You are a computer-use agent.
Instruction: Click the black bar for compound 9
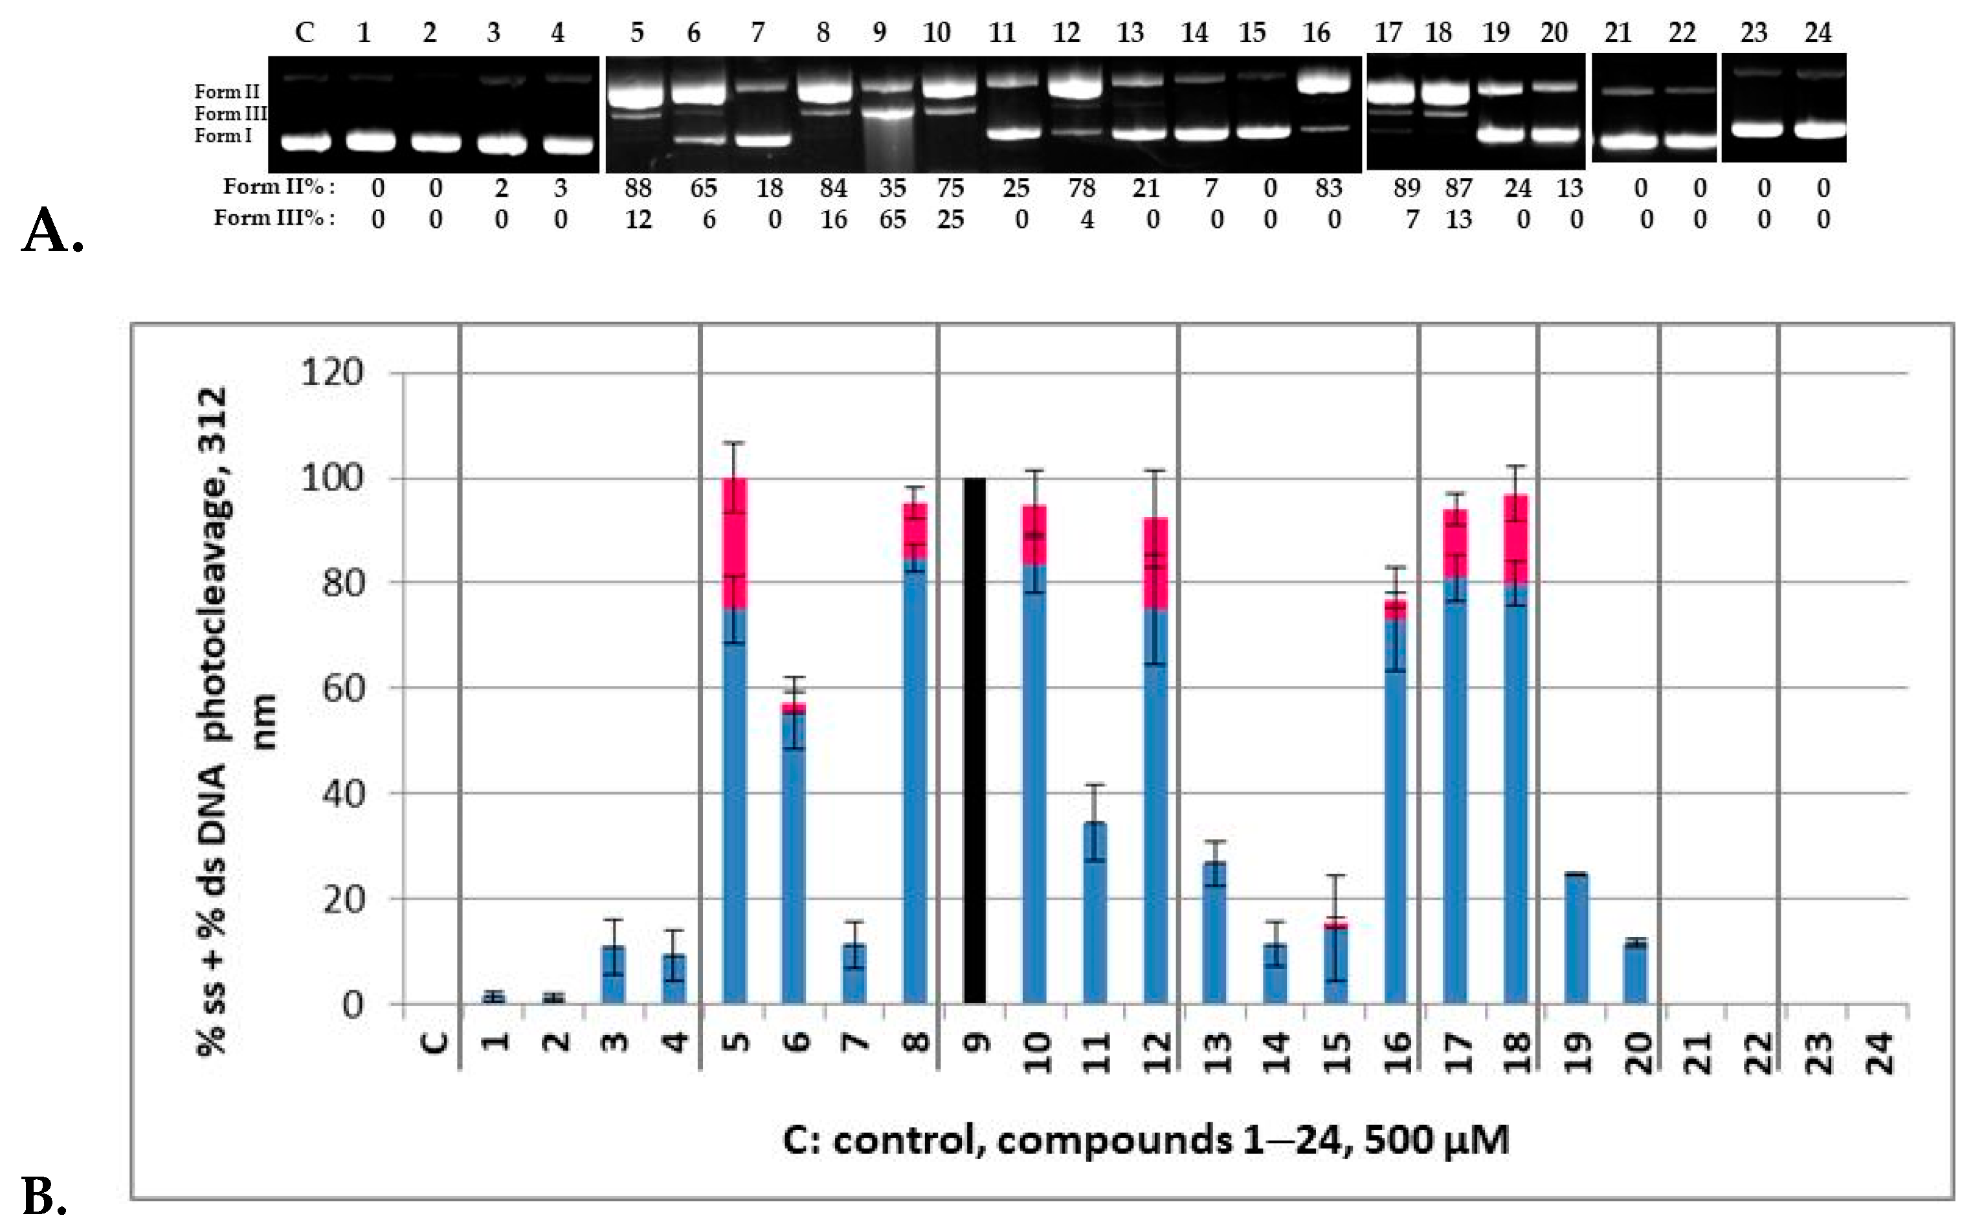(x=975, y=741)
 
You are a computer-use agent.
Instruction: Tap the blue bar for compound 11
(x=1095, y=913)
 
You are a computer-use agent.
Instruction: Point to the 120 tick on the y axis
(x=332, y=373)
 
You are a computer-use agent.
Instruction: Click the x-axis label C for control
(x=436, y=1042)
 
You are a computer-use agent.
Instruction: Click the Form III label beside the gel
(x=230, y=114)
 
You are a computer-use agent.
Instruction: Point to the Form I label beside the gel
(x=222, y=136)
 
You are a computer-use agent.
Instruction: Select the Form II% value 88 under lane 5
(x=638, y=188)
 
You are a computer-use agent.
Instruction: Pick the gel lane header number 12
(x=1066, y=32)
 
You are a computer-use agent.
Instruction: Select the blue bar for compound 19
(x=1576, y=938)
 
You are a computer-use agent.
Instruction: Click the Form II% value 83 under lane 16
(x=1328, y=188)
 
